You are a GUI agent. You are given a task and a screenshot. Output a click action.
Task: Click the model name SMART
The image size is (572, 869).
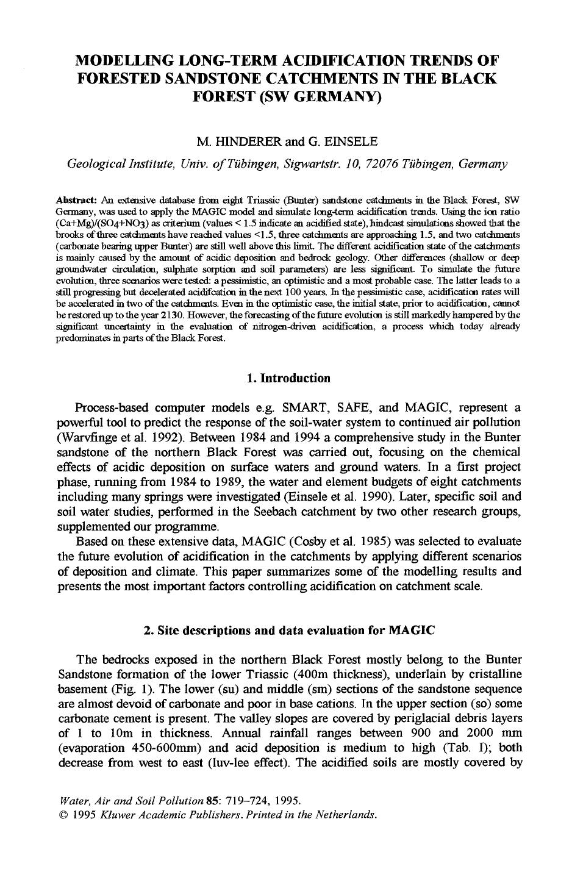pyautogui.click(x=310, y=407)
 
